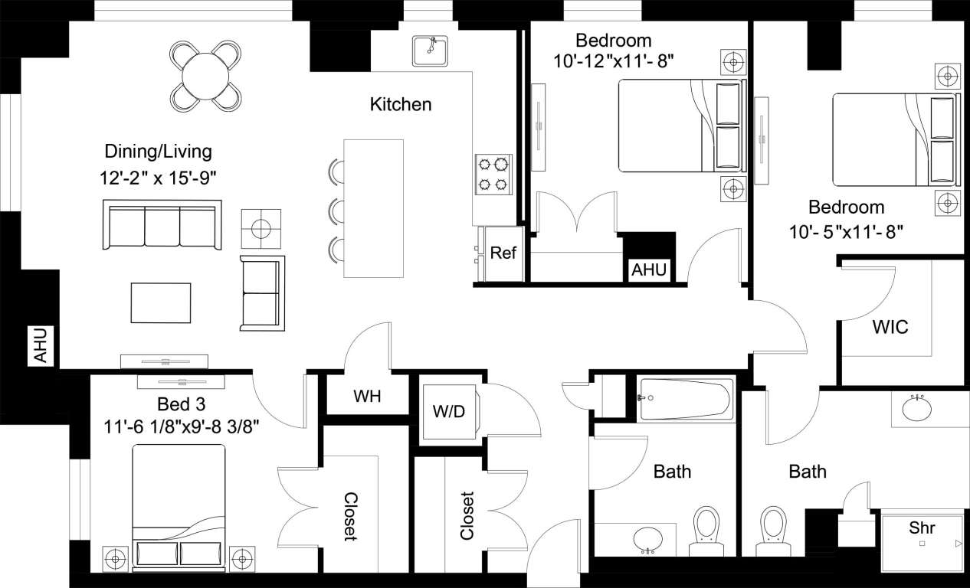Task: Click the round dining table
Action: coord(205,75)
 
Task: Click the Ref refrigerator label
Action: coord(503,253)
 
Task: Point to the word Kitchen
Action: coord(401,104)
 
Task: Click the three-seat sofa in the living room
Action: coord(162,224)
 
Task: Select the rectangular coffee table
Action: coord(161,303)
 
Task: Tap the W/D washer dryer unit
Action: coord(448,411)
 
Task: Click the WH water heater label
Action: coord(368,397)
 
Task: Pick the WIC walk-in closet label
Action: coord(890,328)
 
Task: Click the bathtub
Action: coord(687,399)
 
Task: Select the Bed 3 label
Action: coord(181,403)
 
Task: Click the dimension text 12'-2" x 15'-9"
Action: coord(159,178)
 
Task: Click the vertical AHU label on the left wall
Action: coord(41,345)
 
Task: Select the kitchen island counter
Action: coord(373,208)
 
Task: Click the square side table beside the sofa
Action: coord(261,228)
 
